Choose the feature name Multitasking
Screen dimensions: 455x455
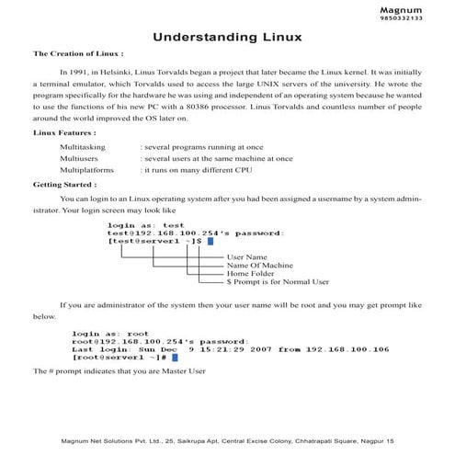83,146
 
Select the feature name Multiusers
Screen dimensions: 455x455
80,158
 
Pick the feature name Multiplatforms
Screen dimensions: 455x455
86,170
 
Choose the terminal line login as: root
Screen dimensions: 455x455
110,334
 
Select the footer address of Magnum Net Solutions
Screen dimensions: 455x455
227,442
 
